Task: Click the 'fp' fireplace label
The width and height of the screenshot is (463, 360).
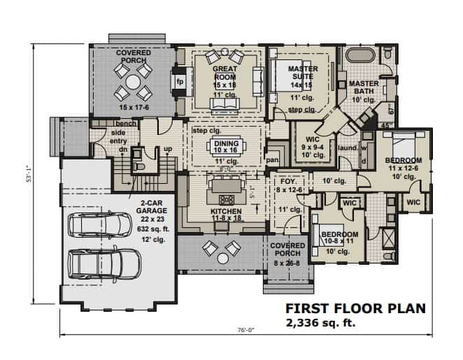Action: [180, 81]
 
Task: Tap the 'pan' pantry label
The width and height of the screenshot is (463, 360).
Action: [273, 160]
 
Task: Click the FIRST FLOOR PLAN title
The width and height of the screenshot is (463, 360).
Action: [355, 308]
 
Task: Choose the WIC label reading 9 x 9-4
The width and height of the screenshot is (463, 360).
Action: [308, 132]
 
